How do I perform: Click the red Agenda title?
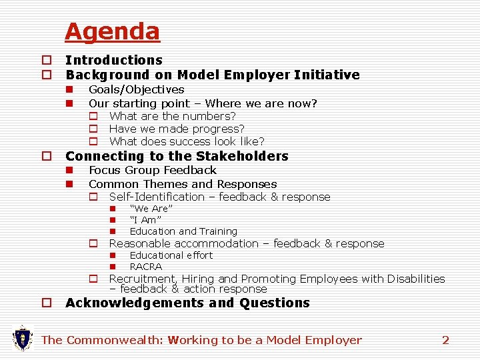pyautogui.click(x=112, y=31)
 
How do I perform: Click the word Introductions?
pyautogui.click(x=113, y=61)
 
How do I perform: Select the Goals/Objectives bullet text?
pyautogui.click(x=136, y=89)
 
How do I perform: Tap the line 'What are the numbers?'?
pyautogui.click(x=172, y=116)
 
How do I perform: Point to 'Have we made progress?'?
pyautogui.click(x=177, y=129)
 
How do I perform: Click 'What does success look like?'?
pyautogui.click(x=187, y=141)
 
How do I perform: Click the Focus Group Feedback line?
pyautogui.click(x=152, y=171)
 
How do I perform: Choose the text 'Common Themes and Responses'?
pyautogui.click(x=183, y=184)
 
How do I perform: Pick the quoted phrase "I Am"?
pyautogui.click(x=145, y=220)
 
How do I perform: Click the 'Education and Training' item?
pyautogui.click(x=183, y=231)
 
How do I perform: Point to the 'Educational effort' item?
pyautogui.click(x=171, y=255)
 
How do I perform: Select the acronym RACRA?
pyautogui.click(x=145, y=267)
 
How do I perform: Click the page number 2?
pyautogui.click(x=445, y=340)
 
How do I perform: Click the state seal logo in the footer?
pyautogui.click(x=23, y=339)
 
